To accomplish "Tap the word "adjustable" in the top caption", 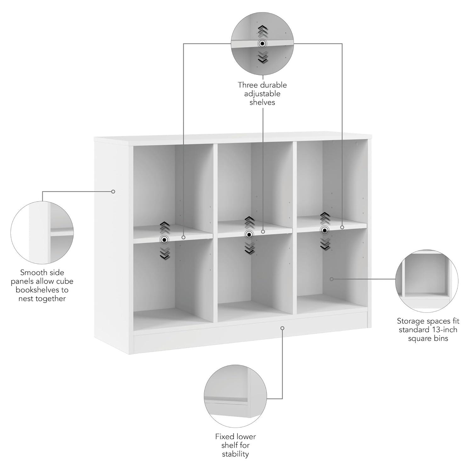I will pyautogui.click(x=262, y=94).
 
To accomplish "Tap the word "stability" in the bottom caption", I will pyautogui.click(x=235, y=454).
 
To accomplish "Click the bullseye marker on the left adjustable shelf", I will pyautogui.click(x=164, y=240).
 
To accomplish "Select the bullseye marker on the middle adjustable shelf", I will pyautogui.click(x=249, y=234).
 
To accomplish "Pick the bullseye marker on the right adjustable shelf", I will pyautogui.click(x=325, y=230).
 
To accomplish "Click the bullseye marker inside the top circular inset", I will pyautogui.click(x=262, y=43).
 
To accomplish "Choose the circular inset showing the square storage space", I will pyautogui.click(x=427, y=281).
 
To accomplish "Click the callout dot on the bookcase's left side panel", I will pyautogui.click(x=113, y=191).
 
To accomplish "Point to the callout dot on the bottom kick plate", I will pyautogui.click(x=282, y=328).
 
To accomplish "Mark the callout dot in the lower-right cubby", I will pyautogui.click(x=331, y=279).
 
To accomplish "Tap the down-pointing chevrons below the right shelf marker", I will pyautogui.click(x=325, y=244).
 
